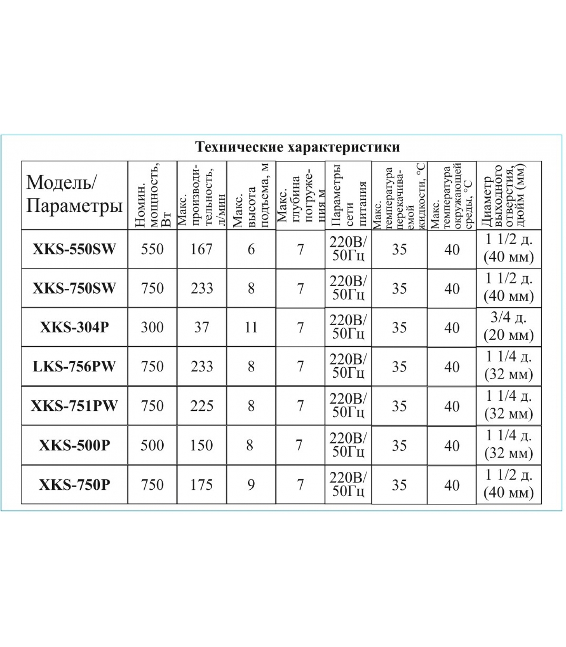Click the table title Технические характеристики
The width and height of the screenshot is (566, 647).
tap(298, 147)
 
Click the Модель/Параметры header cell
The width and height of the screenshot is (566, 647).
tap(74, 195)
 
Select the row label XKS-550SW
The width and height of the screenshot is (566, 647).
tap(74, 249)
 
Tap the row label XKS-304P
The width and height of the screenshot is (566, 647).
tap(74, 327)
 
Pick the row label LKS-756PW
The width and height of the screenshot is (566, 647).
tap(74, 366)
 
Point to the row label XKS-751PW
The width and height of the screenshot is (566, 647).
tap(74, 406)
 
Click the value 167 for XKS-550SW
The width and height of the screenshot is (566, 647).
tap(201, 249)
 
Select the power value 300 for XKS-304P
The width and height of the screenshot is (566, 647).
tap(152, 327)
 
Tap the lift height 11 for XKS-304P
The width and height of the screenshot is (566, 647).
tap(251, 327)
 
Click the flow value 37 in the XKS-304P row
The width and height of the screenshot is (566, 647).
tap(201, 327)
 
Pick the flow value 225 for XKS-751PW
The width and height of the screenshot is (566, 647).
tap(202, 406)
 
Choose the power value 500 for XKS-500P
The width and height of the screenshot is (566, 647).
tap(152, 445)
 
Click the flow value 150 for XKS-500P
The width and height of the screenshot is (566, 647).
tap(201, 445)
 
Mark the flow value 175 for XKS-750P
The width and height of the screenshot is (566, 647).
tap(201, 484)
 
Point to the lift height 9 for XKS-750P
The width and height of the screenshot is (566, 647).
tap(251, 484)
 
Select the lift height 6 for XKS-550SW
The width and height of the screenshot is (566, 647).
tap(251, 249)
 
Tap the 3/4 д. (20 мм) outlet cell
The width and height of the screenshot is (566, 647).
tap(509, 327)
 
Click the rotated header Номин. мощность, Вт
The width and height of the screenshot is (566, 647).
tap(152, 195)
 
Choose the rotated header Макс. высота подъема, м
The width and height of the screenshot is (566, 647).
tap(251, 195)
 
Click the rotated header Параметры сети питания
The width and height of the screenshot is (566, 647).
tap(348, 195)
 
